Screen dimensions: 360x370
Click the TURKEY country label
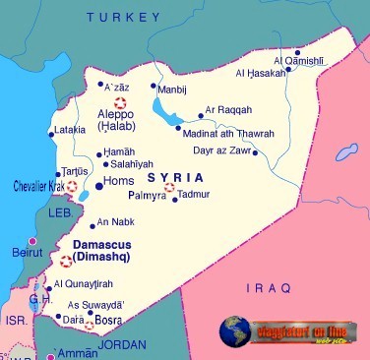(x=122, y=17)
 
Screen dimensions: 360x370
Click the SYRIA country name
(x=175, y=177)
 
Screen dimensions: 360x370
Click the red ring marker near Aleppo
(x=121, y=101)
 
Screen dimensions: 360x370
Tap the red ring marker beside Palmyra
(x=169, y=188)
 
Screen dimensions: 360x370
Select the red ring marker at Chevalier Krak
(x=71, y=186)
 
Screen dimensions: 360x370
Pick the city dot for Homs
(x=98, y=185)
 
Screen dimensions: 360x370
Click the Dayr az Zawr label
(x=221, y=151)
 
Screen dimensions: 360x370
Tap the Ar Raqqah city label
(x=227, y=111)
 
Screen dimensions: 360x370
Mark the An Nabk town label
(x=115, y=221)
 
